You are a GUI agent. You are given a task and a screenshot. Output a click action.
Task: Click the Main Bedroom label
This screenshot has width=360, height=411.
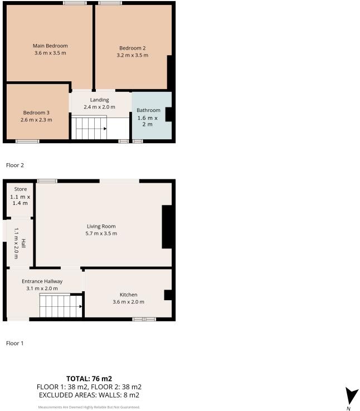pos(50,46)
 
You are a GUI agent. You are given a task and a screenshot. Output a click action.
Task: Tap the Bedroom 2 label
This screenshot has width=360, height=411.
pos(132,48)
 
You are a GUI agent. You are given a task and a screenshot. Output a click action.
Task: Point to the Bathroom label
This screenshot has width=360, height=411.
pos(148,110)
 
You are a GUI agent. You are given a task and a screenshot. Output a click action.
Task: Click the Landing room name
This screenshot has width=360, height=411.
pos(99,100)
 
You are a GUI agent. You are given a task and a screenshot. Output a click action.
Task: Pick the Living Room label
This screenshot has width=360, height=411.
pos(101,226)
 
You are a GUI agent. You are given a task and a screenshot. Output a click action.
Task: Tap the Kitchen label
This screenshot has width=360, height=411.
pos(128,295)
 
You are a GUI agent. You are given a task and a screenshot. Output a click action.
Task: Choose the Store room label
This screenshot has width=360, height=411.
pos(20,189)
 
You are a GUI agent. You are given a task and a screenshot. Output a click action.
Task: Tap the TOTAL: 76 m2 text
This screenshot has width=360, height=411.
pos(89,379)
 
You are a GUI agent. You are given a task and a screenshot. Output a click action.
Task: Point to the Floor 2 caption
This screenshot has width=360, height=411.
pos(14,165)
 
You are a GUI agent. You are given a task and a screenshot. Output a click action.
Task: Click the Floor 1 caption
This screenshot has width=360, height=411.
pos(14,344)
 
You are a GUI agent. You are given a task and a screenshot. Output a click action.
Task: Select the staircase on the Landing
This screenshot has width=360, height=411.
pos(90,128)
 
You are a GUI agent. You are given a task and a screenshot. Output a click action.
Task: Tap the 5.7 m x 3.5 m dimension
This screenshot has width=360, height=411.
pos(101,233)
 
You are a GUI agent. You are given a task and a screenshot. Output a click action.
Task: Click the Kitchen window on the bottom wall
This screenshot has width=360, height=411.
pos(144,319)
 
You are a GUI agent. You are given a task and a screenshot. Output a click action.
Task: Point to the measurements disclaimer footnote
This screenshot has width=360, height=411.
pos(89,407)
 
